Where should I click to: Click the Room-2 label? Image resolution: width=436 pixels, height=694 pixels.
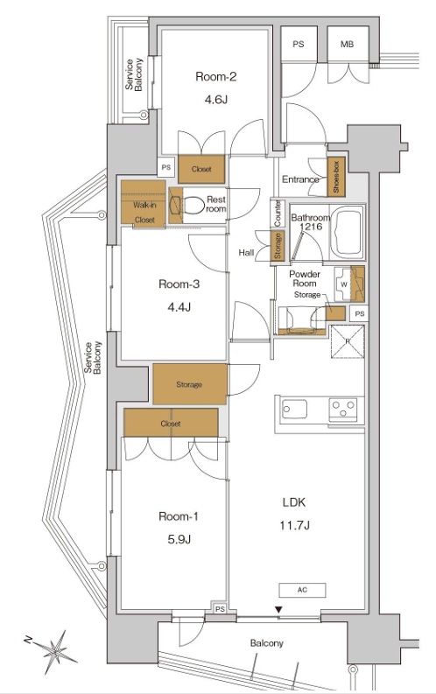pos(215,76)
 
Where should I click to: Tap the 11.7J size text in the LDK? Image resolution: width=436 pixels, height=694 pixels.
pos(294,525)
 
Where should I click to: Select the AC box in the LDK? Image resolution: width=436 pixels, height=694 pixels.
pos(302,590)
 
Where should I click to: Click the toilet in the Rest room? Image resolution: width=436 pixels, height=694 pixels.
pos(193,205)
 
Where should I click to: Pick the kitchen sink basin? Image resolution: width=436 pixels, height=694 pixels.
pos(295,409)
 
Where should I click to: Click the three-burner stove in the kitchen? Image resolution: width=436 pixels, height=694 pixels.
pos(343,410)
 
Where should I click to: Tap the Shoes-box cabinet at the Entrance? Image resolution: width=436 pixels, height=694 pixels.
pos(336,177)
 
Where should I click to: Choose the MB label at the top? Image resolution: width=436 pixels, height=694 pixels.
pos(347,45)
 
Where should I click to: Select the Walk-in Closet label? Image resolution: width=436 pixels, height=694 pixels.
pos(144,213)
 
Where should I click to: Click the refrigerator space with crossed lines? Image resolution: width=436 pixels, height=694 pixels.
pos(348,341)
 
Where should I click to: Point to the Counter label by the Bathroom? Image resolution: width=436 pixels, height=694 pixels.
pos(278,214)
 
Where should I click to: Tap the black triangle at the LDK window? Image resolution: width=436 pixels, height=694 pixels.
pos(278,610)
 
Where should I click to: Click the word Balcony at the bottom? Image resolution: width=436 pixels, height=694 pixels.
pos(266,643)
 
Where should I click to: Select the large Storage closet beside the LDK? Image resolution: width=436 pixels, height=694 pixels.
pos(190,384)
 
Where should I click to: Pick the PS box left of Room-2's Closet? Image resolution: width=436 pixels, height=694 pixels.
pos(166,168)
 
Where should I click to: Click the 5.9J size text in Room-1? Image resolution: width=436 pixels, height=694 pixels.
pos(179,539)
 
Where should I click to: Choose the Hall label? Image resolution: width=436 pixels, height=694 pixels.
pos(246,252)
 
